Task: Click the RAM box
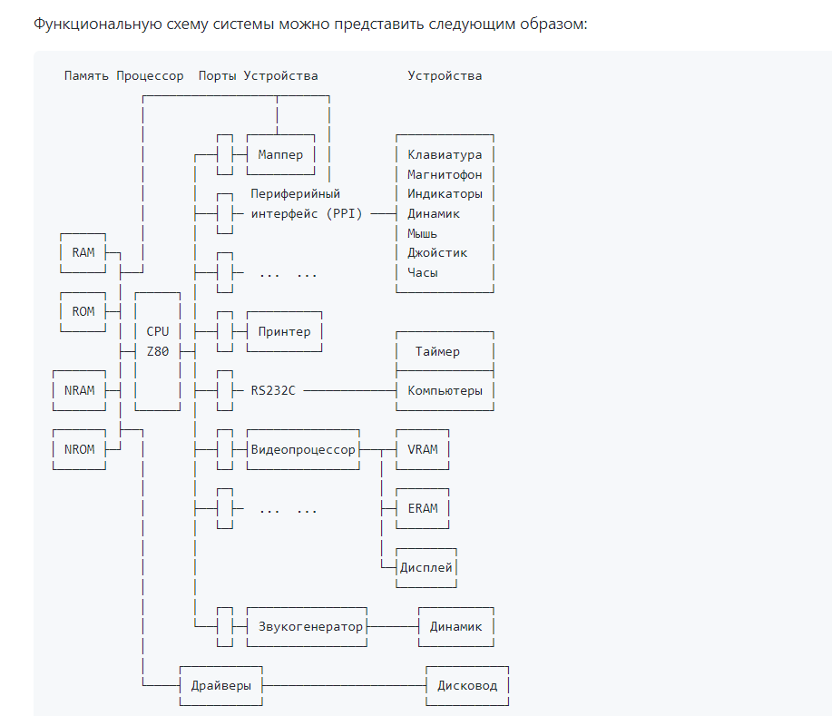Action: click(x=83, y=252)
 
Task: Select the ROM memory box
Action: click(x=83, y=311)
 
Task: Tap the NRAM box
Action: click(x=79, y=390)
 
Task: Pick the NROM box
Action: click(x=79, y=449)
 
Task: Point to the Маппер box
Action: click(x=280, y=155)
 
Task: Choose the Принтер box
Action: click(x=284, y=331)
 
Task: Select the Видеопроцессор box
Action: click(x=302, y=449)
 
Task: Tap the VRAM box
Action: click(x=423, y=449)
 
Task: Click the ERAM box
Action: click(x=423, y=508)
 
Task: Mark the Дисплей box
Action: click(x=426, y=567)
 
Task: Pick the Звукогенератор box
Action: click(x=306, y=626)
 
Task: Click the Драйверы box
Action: click(x=221, y=685)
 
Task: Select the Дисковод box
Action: click(x=467, y=685)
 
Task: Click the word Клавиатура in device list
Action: click(x=445, y=155)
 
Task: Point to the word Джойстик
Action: click(x=437, y=252)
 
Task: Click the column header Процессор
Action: click(x=150, y=75)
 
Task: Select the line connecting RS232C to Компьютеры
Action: click(x=348, y=390)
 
